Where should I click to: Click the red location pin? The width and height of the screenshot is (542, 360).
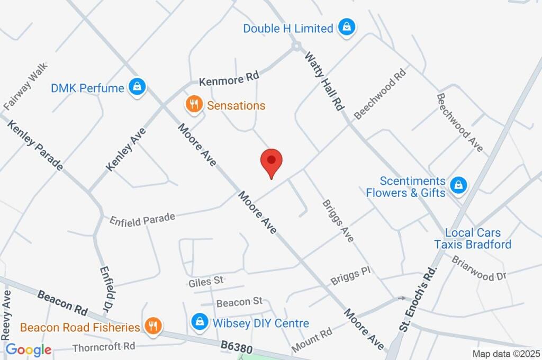[x=272, y=162]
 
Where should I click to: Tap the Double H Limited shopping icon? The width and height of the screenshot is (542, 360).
[x=347, y=28]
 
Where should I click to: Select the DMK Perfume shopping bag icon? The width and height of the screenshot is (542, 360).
[x=137, y=87]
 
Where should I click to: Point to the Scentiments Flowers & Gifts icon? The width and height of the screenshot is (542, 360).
[x=458, y=185]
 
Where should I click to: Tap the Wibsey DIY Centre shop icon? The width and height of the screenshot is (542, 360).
[x=200, y=322]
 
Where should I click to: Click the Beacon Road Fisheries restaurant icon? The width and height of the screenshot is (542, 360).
[x=153, y=327]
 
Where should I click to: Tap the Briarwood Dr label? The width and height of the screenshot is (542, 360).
[x=479, y=268]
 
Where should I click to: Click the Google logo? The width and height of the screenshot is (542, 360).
[x=28, y=349]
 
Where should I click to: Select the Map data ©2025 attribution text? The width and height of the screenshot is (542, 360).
[x=506, y=354]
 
